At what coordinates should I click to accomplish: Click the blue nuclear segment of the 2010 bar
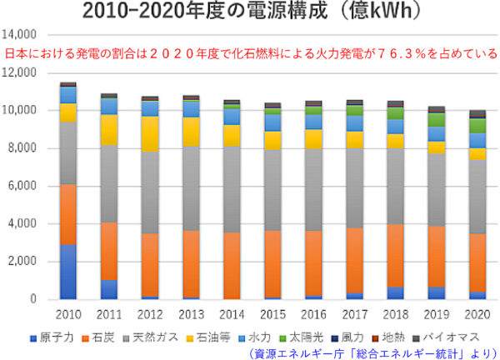tap(67, 272)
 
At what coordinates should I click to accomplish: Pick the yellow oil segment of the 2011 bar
tap(108, 130)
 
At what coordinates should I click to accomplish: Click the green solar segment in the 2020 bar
tap(477, 126)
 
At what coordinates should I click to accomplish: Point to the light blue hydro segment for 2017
tap(354, 123)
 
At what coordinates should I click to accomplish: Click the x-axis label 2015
tap(272, 315)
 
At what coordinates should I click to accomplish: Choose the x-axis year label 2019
tap(436, 315)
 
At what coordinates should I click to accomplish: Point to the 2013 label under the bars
tap(190, 315)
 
